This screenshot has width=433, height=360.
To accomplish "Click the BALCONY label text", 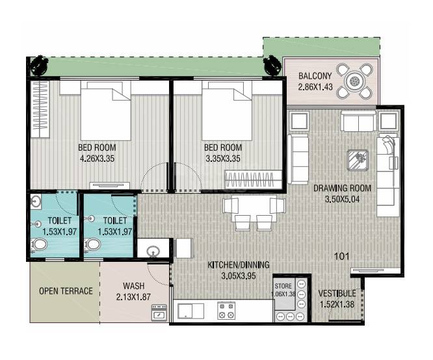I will pyautogui.click(x=315, y=75).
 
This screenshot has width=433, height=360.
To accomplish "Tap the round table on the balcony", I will pyautogui.click(x=354, y=81).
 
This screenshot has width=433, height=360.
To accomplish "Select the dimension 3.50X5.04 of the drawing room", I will pyautogui.click(x=341, y=199).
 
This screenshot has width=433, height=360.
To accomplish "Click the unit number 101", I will pyautogui.click(x=341, y=256).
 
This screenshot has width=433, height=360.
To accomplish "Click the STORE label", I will pyautogui.click(x=283, y=286).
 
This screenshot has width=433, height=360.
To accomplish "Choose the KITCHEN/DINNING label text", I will pyautogui.click(x=238, y=265).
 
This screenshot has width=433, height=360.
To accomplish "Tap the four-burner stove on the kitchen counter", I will pyautogui.click(x=226, y=311).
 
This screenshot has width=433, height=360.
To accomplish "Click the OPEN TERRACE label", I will pyautogui.click(x=66, y=291).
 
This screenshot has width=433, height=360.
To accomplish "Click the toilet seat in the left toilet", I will pyautogui.click(x=40, y=245).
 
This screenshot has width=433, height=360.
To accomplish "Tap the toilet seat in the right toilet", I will pyautogui.click(x=94, y=245).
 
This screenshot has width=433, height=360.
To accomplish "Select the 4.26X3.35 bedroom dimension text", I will pyautogui.click(x=96, y=158).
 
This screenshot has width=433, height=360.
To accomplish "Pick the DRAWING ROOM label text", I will pyautogui.click(x=341, y=188).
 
